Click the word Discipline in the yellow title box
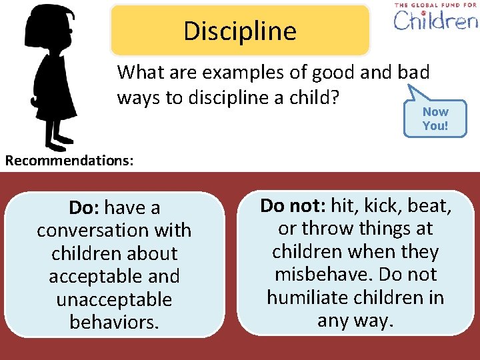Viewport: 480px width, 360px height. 240,31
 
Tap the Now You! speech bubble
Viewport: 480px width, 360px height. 435,119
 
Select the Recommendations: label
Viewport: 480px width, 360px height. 69,161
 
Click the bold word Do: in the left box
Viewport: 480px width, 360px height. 85,208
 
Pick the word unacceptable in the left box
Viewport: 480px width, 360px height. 114,299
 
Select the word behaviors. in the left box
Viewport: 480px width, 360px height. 114,322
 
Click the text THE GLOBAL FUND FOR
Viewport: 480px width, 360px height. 435,5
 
